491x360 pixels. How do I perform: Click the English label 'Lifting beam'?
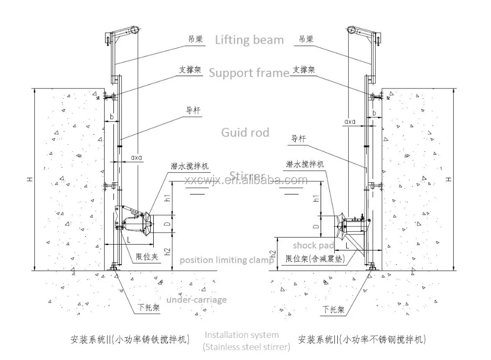click(x=249, y=40)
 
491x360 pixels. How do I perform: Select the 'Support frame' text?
click(x=249, y=73)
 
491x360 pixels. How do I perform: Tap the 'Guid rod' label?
click(x=245, y=133)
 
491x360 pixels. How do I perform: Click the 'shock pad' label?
click(x=314, y=245)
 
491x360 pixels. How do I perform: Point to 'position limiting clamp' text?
click(x=226, y=260)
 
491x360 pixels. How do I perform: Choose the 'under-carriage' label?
click(x=196, y=300)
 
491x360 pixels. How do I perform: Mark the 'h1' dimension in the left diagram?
click(x=168, y=199)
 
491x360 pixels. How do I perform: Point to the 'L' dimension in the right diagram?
click(x=347, y=245)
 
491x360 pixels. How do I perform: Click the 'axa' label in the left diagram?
click(x=137, y=159)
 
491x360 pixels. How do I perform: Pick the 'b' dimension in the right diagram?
click(x=374, y=113)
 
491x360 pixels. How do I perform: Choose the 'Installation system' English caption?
click(x=241, y=335)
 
